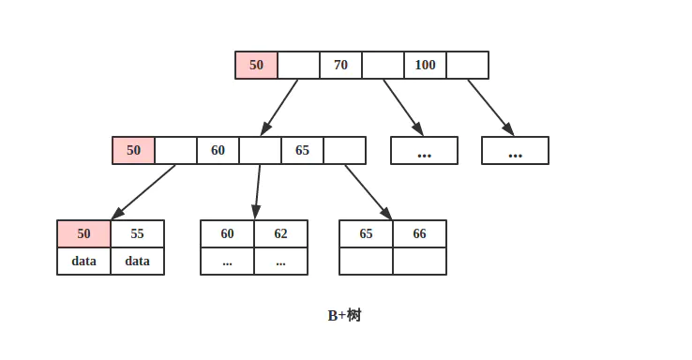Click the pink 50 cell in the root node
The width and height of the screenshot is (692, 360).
click(256, 66)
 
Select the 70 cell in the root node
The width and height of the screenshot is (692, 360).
click(340, 66)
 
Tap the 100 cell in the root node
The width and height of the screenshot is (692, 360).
click(425, 66)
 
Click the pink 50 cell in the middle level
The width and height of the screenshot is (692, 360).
click(133, 150)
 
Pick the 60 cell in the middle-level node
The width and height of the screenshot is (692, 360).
click(218, 150)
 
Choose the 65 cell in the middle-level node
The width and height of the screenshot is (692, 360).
click(302, 150)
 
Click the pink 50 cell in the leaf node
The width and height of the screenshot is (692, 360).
click(84, 233)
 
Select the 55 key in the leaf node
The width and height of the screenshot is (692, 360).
click(138, 233)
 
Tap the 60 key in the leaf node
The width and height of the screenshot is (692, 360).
click(227, 233)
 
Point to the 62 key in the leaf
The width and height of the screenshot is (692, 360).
click(281, 233)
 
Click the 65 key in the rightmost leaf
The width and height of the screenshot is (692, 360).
click(366, 233)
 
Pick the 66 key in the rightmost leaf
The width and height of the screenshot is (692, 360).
click(419, 233)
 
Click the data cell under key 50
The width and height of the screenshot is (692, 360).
click(84, 262)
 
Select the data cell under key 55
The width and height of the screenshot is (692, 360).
click(138, 262)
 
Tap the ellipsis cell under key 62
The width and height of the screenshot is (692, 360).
click(281, 262)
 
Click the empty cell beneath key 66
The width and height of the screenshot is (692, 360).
click(419, 262)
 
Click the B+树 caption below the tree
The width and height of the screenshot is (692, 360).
click(344, 315)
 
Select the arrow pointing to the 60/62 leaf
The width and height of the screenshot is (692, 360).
click(258, 191)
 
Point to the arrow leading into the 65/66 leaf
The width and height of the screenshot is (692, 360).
click(368, 191)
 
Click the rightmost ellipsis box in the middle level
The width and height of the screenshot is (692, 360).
click(515, 150)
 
